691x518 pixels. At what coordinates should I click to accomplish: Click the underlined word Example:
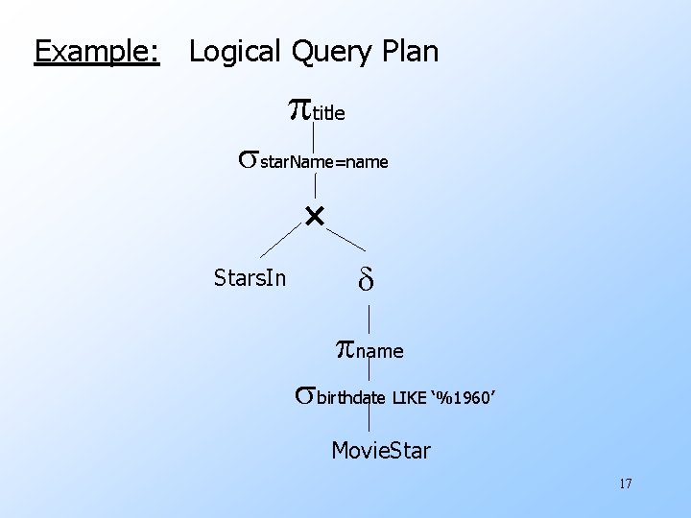pos(96,51)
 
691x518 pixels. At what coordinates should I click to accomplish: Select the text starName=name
pos(324,162)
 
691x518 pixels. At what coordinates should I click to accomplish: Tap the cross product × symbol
pos(315,217)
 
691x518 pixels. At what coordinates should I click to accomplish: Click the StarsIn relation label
pos(250,279)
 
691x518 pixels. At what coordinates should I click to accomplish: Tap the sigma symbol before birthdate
pos(304,393)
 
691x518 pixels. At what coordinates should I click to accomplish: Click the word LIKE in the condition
pos(410,397)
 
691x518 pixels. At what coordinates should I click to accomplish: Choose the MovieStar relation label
pos(381,449)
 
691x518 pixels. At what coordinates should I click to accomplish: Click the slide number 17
pos(625,483)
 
